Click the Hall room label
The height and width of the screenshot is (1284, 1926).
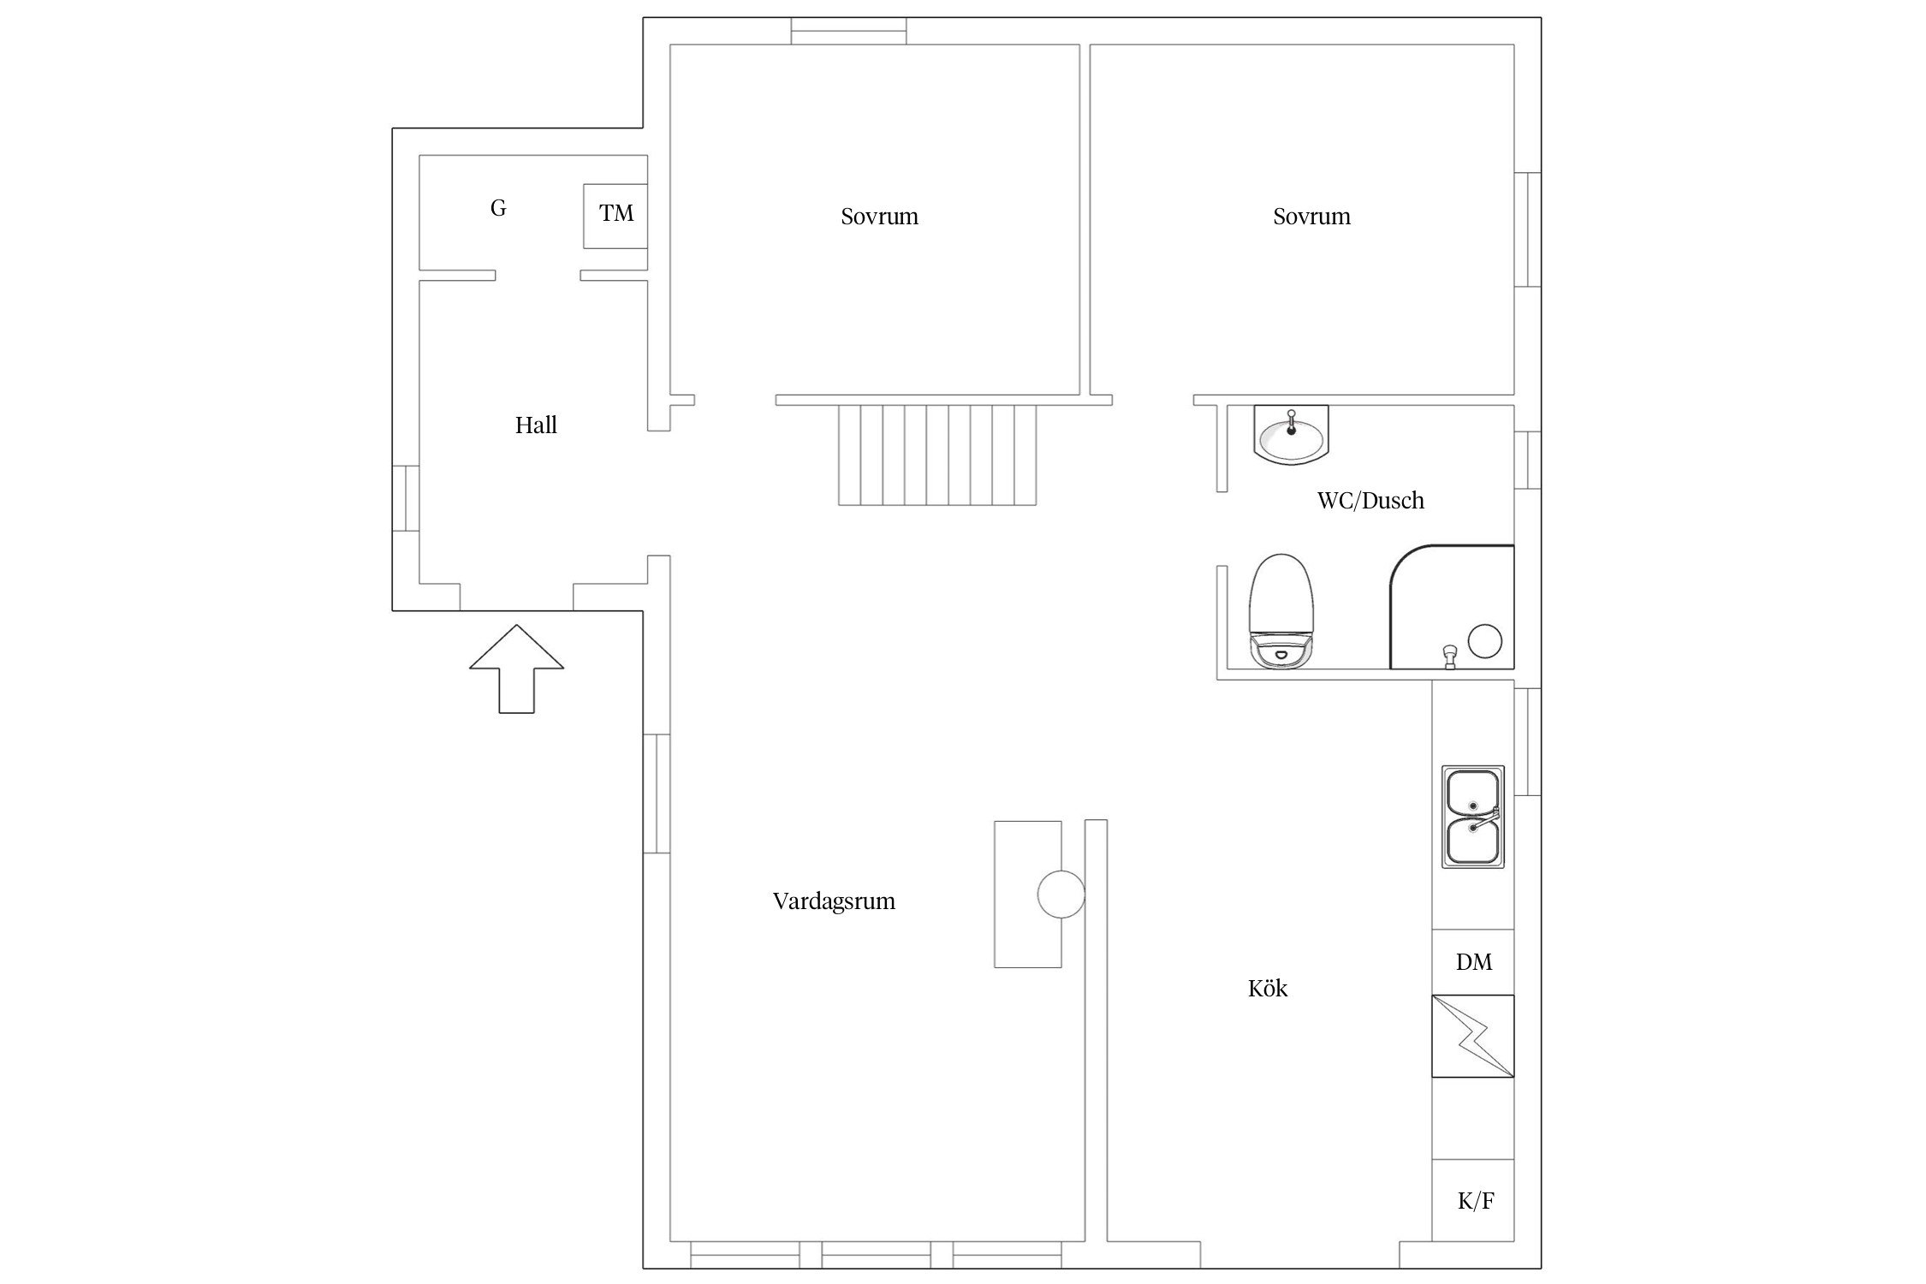coord(536,425)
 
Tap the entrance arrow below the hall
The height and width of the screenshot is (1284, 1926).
coord(516,669)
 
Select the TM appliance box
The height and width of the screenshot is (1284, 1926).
coord(615,216)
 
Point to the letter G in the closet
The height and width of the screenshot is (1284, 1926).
coord(498,208)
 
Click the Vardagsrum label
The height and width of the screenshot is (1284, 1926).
coord(834,901)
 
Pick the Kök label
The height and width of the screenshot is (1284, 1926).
coord(1268,989)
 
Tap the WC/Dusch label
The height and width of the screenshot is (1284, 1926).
coord(1370,501)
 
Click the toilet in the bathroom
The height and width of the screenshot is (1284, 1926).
coord(1281,610)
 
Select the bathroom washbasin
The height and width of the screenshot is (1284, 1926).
coord(1291,435)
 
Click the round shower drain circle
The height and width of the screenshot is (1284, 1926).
coord(1485,641)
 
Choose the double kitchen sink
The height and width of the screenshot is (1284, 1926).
coord(1473,817)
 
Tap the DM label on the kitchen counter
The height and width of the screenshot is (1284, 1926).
coord(1473,962)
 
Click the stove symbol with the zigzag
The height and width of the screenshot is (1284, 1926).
coord(1473,1036)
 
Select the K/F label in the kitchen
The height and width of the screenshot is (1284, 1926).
coord(1476,1201)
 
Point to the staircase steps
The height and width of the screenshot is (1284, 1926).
coord(937,455)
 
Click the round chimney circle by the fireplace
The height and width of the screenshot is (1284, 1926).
coord(1061,895)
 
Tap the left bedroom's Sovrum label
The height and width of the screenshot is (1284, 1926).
coord(879,217)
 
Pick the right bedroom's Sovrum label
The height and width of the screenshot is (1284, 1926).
coord(1311,217)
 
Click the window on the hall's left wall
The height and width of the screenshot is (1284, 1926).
coord(406,498)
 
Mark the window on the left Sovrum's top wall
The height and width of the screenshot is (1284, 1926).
coord(848,31)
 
